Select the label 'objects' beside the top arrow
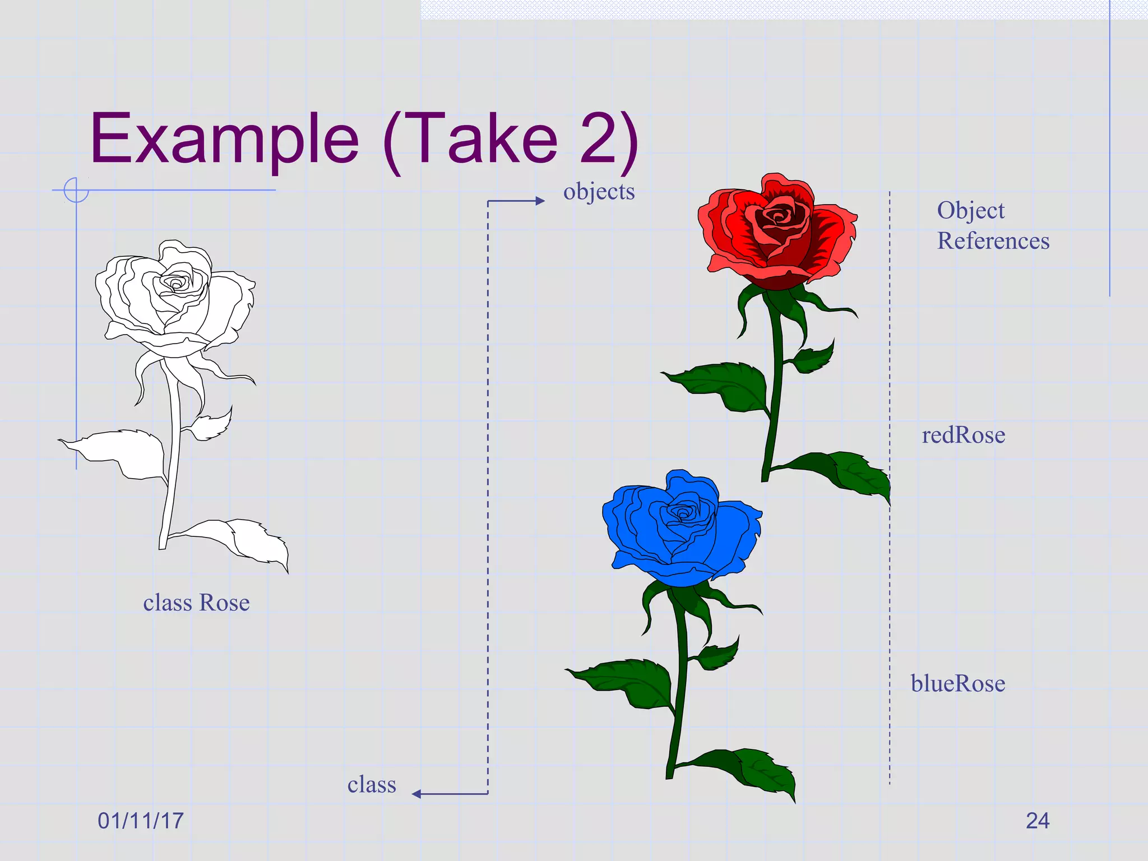pyautogui.click(x=599, y=192)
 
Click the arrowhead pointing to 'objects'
pyautogui.click(x=540, y=201)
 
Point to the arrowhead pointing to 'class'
pyautogui.click(x=416, y=794)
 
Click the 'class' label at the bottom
pyautogui.click(x=372, y=784)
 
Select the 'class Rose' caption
pyautogui.click(x=196, y=603)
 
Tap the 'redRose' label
pyautogui.click(x=963, y=435)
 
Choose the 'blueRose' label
pyautogui.click(x=957, y=683)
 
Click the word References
pyautogui.click(x=993, y=241)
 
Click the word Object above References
pyautogui.click(x=971, y=211)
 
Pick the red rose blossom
pyautogui.click(x=776, y=230)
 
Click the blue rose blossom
pyautogui.click(x=681, y=527)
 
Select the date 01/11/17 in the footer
pyautogui.click(x=141, y=821)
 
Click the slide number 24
pyautogui.click(x=1038, y=821)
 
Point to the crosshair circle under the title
pyautogui.click(x=76, y=190)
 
